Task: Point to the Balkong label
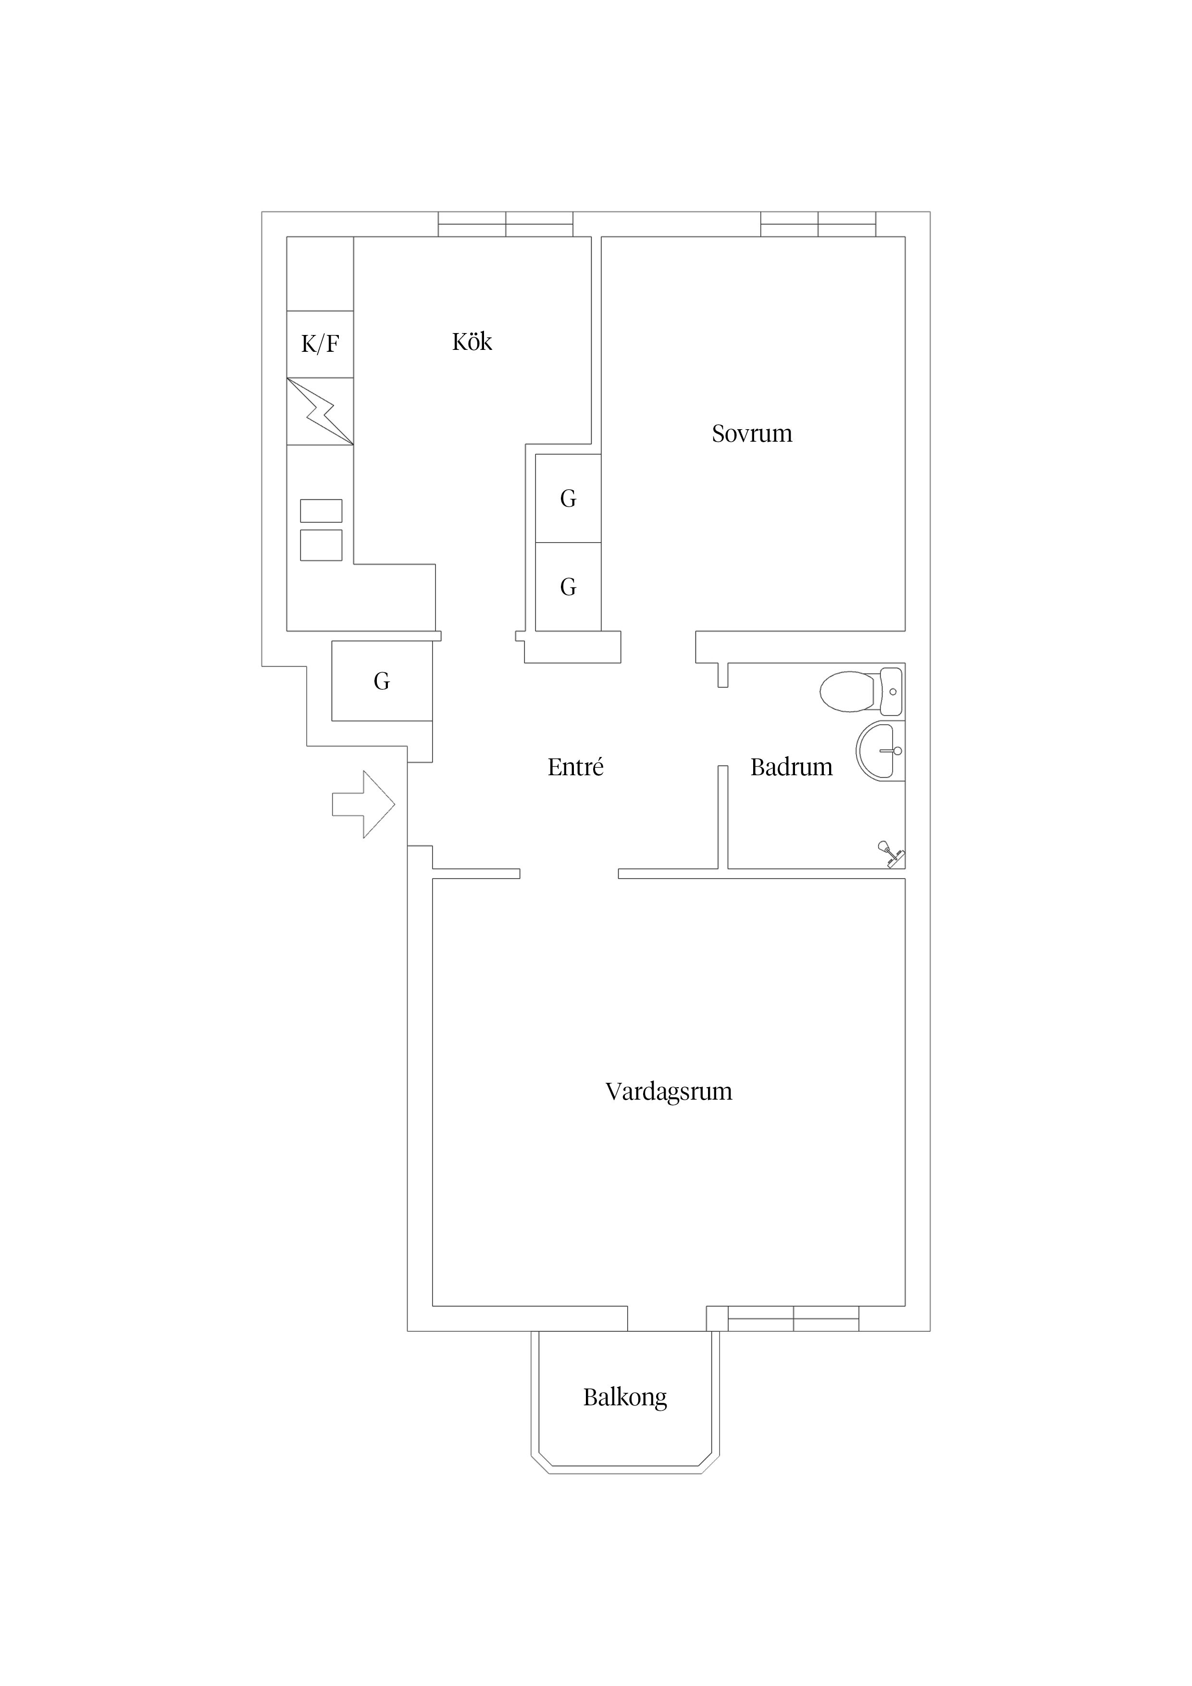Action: [625, 1397]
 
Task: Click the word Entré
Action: [576, 768]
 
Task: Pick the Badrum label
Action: [792, 768]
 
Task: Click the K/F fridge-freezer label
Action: [320, 344]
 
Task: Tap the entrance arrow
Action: [363, 804]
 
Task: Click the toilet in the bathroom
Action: [861, 691]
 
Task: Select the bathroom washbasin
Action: [881, 750]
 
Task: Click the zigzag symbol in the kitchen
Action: [320, 411]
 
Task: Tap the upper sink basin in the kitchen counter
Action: [321, 510]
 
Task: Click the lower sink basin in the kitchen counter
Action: [321, 545]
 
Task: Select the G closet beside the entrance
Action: [382, 681]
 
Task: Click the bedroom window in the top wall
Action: [818, 224]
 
